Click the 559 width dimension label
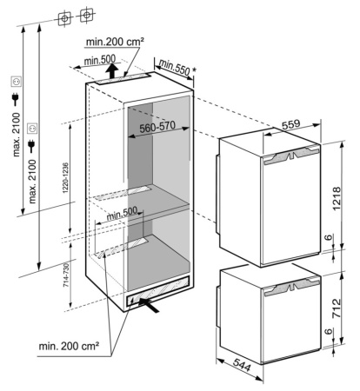click(x=290, y=124)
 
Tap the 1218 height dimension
click(x=337, y=199)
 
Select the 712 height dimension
click(x=337, y=308)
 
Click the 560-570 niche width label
click(x=157, y=127)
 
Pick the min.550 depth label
click(x=174, y=67)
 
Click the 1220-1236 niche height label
click(x=65, y=178)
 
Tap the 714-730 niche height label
click(x=66, y=275)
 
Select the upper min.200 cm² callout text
click(x=115, y=42)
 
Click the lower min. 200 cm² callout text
click(x=69, y=345)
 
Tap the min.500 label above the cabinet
click(x=99, y=60)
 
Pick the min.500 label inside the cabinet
click(x=122, y=213)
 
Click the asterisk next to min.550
click(x=195, y=70)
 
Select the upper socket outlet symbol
click(x=16, y=82)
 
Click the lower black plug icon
click(x=31, y=146)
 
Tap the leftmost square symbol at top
click(x=64, y=19)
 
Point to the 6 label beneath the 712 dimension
click(x=328, y=332)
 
